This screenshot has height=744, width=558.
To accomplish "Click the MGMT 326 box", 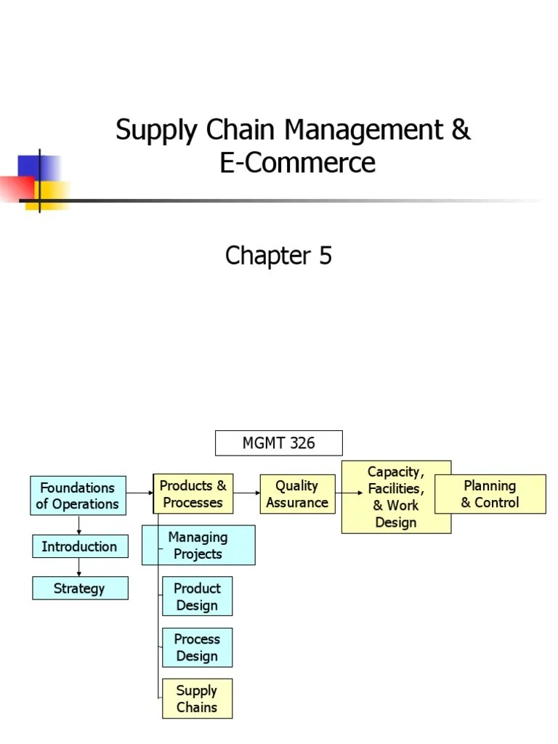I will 278,443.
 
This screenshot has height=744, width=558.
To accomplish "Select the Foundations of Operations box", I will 78,496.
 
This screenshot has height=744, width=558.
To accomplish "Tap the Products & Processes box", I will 193,494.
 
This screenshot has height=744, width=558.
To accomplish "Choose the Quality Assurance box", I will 297,494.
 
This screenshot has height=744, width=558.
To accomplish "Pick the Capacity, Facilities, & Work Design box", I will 396,497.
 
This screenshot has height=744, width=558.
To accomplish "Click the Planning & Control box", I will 490,494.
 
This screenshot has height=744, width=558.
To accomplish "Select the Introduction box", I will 79,546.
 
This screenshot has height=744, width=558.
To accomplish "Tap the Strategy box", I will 79,589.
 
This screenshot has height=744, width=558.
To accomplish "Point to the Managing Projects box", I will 198,546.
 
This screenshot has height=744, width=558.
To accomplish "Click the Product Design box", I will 197,597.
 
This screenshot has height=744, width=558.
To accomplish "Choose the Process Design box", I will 197,647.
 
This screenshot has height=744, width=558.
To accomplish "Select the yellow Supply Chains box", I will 197,698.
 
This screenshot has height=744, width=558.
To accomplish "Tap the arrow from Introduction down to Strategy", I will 79,567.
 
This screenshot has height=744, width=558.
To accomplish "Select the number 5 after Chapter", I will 324,256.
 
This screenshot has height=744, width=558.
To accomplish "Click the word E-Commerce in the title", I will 298,162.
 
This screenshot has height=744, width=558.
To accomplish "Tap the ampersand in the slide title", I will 461,131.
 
